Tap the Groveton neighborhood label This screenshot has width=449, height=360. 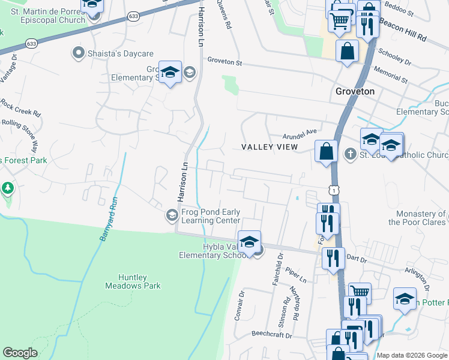tap(355, 91)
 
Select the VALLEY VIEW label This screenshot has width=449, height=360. tap(270, 147)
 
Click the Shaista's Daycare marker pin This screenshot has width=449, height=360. tap(77, 53)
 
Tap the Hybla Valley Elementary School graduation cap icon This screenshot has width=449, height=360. tap(249, 242)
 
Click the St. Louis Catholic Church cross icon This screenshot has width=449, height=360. tap(351, 155)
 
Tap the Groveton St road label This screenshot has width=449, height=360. tap(224, 61)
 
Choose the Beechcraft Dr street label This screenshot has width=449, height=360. tap(271, 333)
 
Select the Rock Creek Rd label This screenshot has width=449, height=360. tap(20, 108)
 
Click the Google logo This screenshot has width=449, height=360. tap(20, 353)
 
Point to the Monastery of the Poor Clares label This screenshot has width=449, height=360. tap(417, 218)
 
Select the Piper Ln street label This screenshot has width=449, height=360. tap(297, 275)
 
